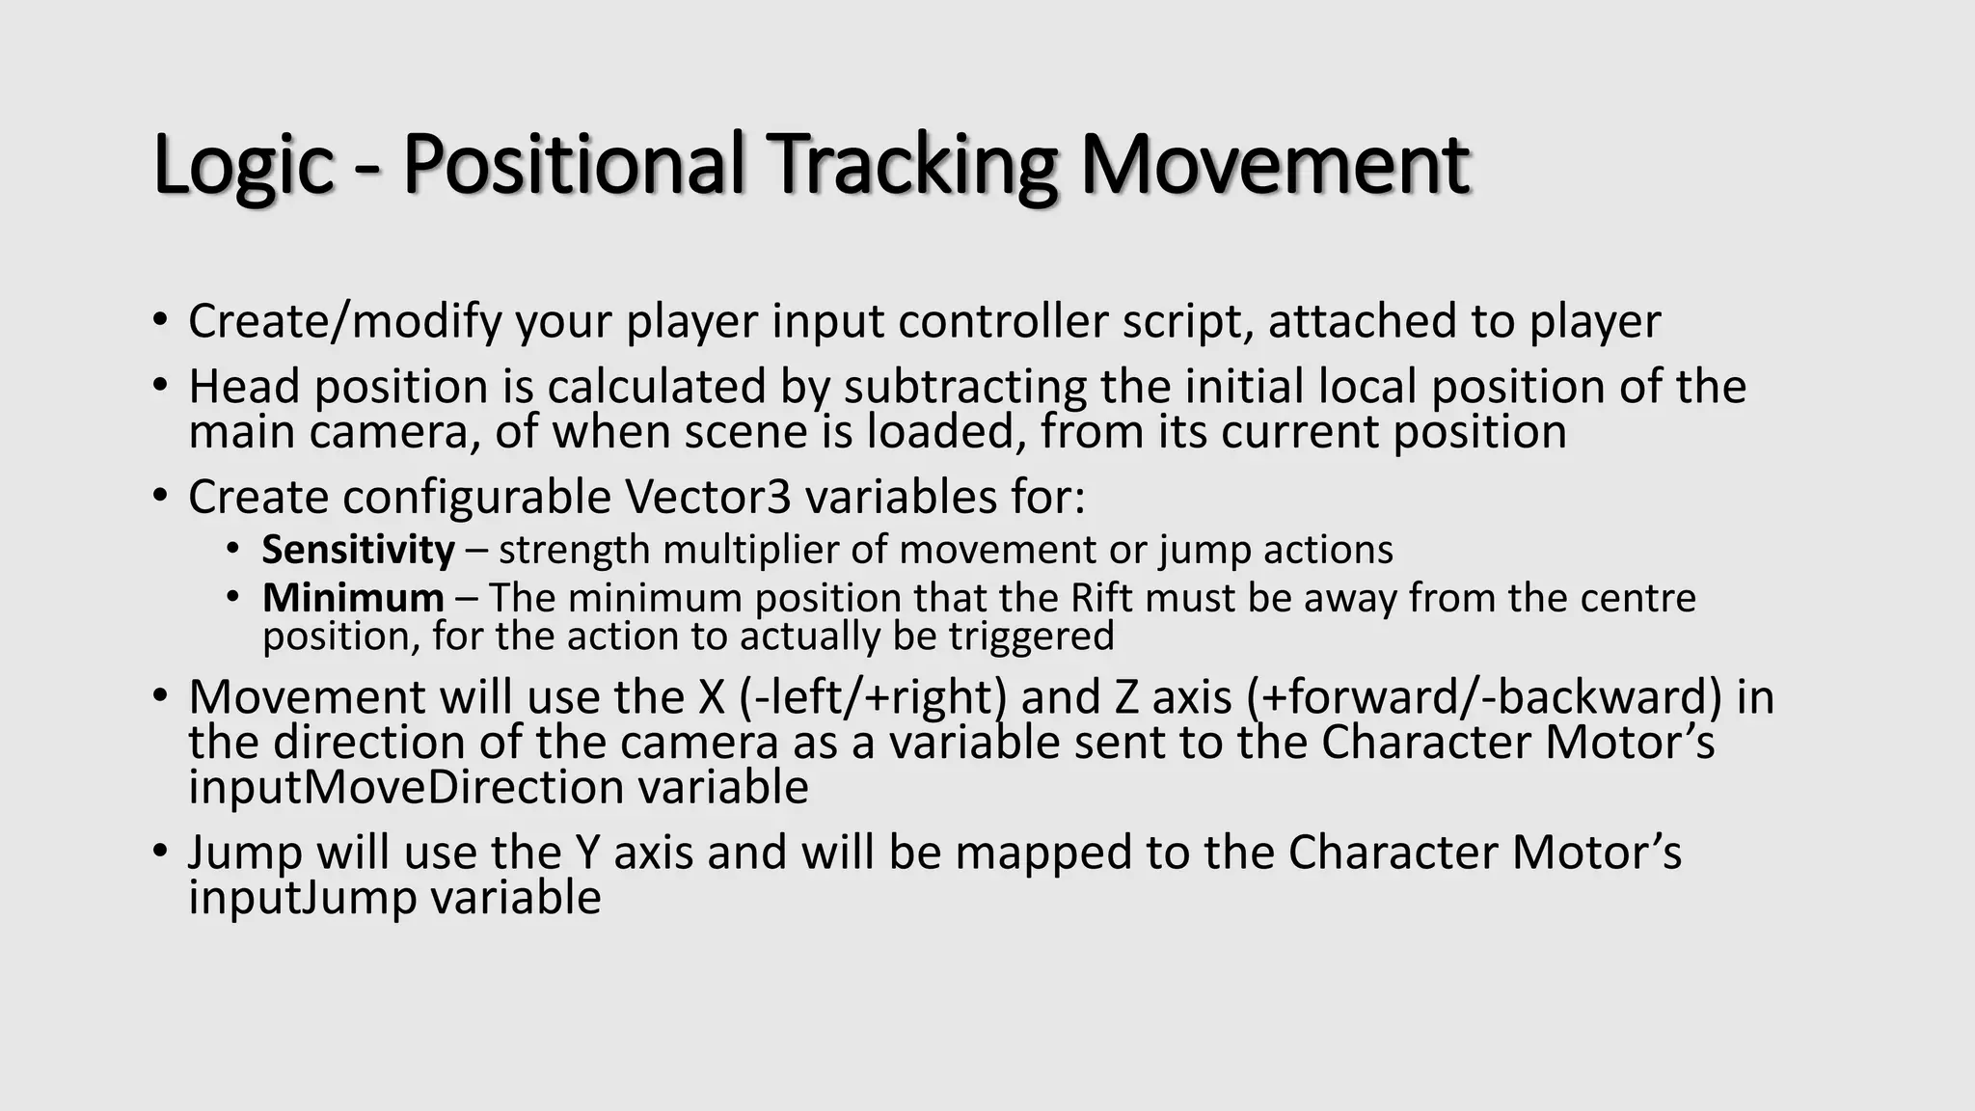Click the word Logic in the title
point(243,164)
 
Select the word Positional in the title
point(573,164)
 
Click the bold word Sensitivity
point(358,550)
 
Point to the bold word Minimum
point(353,598)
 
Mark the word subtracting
point(965,387)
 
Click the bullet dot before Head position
point(160,386)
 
